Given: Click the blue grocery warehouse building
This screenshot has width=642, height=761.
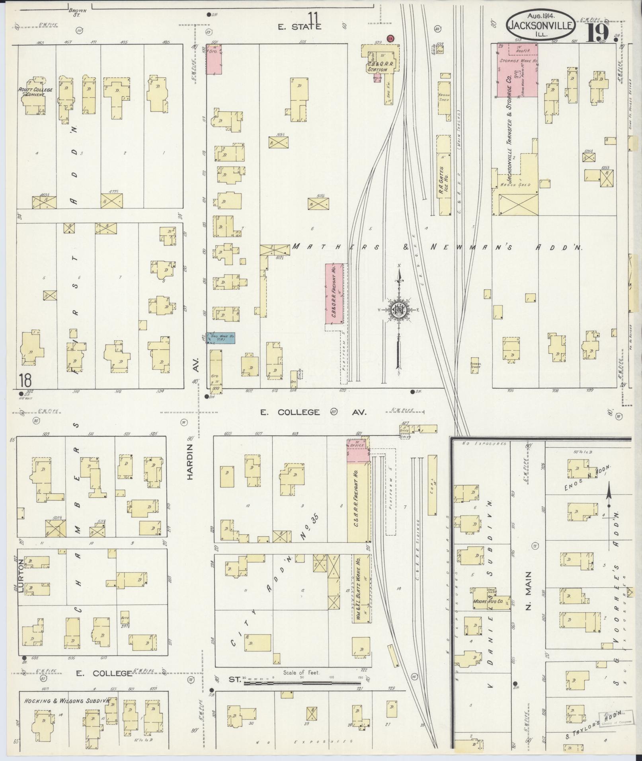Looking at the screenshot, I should tap(220, 338).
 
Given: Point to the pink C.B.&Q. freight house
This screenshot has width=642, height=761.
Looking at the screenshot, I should tap(334, 294).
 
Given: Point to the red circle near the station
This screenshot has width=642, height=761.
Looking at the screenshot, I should tap(391, 38).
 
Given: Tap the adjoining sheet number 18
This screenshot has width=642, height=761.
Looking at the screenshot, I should tap(24, 381).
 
